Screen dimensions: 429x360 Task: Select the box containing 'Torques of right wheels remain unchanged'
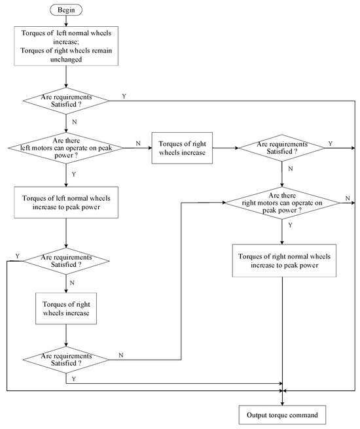pyautogui.click(x=66, y=46)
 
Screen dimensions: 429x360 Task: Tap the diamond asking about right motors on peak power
pyautogui.click(x=281, y=203)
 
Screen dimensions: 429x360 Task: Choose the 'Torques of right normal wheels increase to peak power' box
pyautogui.click(x=281, y=260)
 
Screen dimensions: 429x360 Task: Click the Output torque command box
pyautogui.click(x=282, y=415)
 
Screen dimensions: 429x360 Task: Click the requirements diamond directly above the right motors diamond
pyautogui.click(x=281, y=147)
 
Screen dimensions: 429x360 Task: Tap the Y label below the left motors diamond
pyautogui.click(x=73, y=174)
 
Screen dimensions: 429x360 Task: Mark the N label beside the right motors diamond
pyautogui.click(x=347, y=197)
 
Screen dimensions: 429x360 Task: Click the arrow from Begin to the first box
pyautogui.click(x=66, y=22)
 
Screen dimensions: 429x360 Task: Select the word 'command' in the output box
pyautogui.click(x=303, y=415)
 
